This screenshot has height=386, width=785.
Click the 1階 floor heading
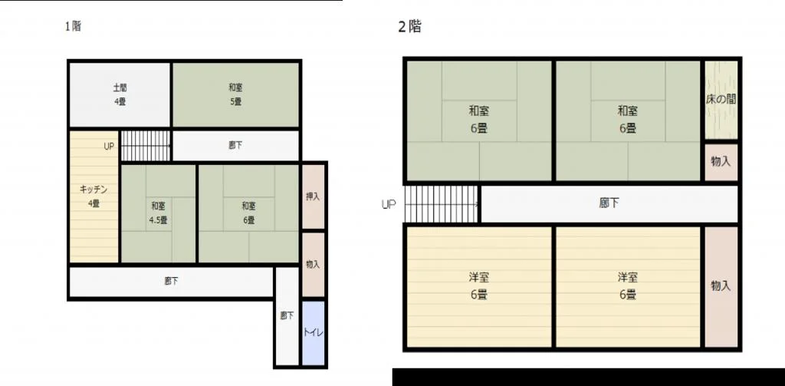tap(73, 26)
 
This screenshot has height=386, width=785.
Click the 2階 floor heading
tap(409, 27)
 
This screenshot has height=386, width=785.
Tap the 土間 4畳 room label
tap(120, 94)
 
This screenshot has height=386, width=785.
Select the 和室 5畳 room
tap(236, 94)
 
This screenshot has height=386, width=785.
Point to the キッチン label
tap(94, 189)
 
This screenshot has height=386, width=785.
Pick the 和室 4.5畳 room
tap(158, 213)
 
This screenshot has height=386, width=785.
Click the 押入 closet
tap(313, 196)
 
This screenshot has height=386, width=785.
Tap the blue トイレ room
tap(314, 333)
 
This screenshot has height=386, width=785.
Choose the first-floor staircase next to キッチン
tap(146, 146)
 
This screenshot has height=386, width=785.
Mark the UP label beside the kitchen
tap(109, 147)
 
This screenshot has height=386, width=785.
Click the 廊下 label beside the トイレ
tap(287, 316)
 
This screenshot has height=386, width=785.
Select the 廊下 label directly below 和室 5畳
tap(235, 145)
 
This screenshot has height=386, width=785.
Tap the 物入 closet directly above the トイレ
tap(313, 264)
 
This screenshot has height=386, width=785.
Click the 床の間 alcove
tap(721, 100)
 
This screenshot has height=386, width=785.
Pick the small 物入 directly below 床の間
tap(721, 162)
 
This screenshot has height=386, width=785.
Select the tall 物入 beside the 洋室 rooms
tap(721, 287)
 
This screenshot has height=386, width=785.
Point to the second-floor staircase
tap(441, 204)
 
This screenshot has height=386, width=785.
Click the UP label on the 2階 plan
tap(389, 205)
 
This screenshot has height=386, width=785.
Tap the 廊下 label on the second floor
tap(609, 203)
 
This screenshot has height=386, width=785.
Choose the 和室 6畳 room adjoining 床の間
tap(628, 120)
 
